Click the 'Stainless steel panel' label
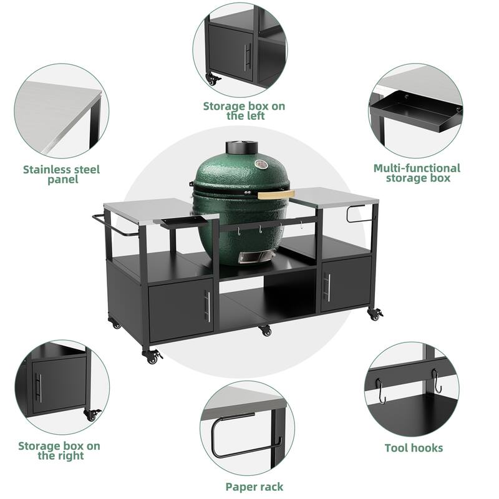[x=61, y=174]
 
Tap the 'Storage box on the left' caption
[x=245, y=110]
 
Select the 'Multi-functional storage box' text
[x=416, y=173]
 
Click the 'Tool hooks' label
[x=414, y=448]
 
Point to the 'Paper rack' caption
[x=254, y=487]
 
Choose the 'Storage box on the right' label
[x=59, y=450]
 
